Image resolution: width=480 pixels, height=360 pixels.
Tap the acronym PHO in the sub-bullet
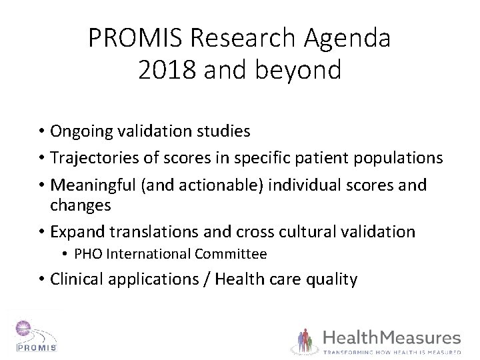[x=86, y=254]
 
